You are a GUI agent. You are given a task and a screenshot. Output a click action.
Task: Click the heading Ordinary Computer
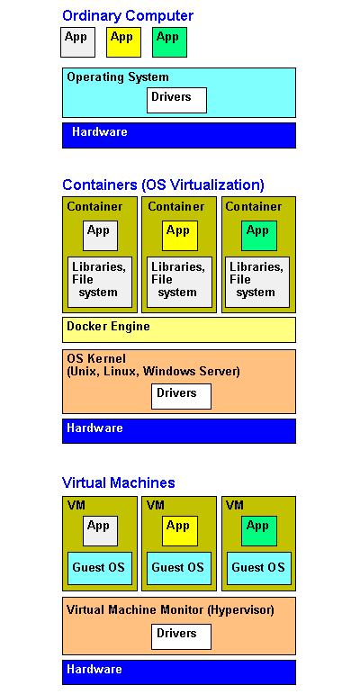pyautogui.click(x=128, y=16)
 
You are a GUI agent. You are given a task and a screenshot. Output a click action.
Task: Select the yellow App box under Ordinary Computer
pyautogui.click(x=123, y=42)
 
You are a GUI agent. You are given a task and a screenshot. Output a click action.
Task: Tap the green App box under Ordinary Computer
pyautogui.click(x=169, y=42)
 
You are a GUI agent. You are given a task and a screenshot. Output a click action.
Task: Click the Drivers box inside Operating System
pyautogui.click(x=176, y=100)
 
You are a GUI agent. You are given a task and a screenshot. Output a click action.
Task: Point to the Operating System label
pyautogui.click(x=118, y=77)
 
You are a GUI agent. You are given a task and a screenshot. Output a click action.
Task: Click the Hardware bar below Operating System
pyautogui.click(x=179, y=135)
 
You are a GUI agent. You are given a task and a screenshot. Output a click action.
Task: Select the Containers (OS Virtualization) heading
pyautogui.click(x=163, y=185)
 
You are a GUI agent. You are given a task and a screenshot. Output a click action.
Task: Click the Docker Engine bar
pyautogui.click(x=179, y=329)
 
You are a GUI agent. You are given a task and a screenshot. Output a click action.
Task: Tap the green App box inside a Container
pyautogui.click(x=259, y=236)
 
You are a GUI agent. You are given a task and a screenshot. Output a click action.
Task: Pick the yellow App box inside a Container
pyautogui.click(x=180, y=236)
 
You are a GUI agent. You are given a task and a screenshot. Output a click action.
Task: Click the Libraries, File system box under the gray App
pyautogui.click(x=100, y=282)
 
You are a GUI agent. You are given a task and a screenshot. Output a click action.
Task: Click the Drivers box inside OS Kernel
pyautogui.click(x=181, y=396)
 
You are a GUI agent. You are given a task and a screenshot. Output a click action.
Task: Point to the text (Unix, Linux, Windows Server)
pyautogui.click(x=153, y=371)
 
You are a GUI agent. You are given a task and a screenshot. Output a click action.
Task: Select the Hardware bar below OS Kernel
pyautogui.click(x=179, y=430)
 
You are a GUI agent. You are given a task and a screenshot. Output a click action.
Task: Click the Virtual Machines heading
pyautogui.click(x=119, y=482)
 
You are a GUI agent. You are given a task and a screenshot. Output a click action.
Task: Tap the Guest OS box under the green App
pyautogui.click(x=258, y=568)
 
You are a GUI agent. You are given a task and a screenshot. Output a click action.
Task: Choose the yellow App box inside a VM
pyautogui.click(x=180, y=531)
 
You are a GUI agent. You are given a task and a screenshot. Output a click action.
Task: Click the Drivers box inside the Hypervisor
pyautogui.click(x=181, y=637)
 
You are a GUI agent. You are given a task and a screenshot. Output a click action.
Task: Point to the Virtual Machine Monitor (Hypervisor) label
pyautogui.click(x=170, y=610)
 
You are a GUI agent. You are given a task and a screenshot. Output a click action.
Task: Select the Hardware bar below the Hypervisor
pyautogui.click(x=179, y=672)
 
